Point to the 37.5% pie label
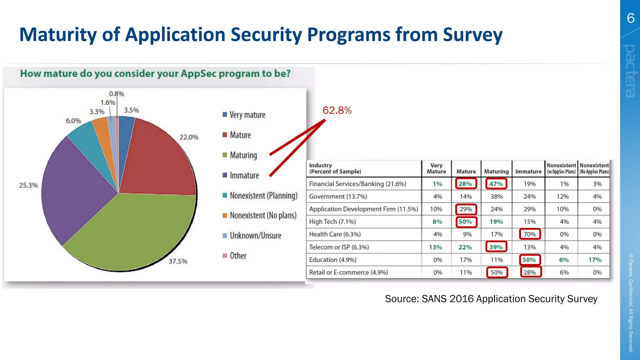click(x=178, y=261)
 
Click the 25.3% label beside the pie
click(x=28, y=185)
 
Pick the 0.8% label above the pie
click(x=116, y=94)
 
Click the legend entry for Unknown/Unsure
click(x=255, y=236)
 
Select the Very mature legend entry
click(x=247, y=115)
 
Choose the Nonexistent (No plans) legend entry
click(x=262, y=216)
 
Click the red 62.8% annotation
click(x=337, y=110)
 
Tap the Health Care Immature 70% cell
click(x=530, y=234)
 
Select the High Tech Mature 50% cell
click(x=465, y=222)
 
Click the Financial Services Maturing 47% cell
click(x=496, y=184)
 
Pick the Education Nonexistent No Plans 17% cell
click(x=595, y=260)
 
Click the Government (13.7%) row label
click(x=338, y=197)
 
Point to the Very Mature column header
click(x=436, y=168)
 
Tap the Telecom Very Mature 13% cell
click(x=436, y=247)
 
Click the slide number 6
click(x=631, y=18)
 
